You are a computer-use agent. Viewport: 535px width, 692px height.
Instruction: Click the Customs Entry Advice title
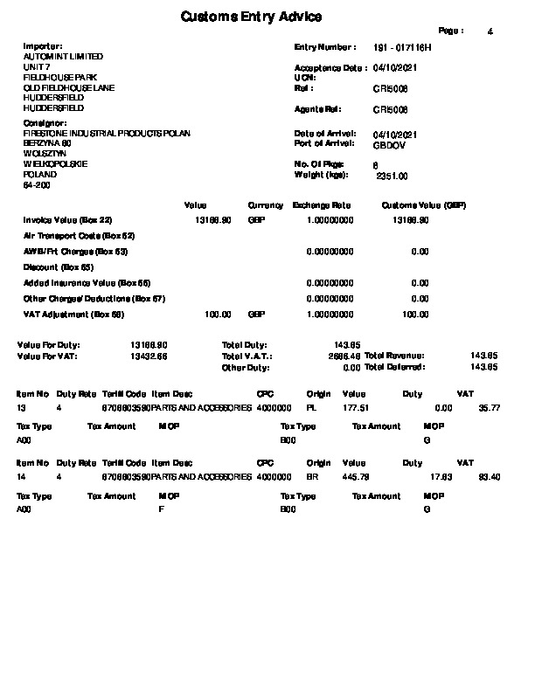[x=251, y=17]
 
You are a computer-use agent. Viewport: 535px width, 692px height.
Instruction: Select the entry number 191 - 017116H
[x=402, y=46]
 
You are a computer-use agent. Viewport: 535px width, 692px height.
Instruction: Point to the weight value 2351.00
[x=392, y=176]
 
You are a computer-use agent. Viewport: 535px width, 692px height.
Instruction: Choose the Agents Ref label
[x=318, y=109]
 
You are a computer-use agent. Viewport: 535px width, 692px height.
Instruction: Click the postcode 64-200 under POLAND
[x=37, y=185]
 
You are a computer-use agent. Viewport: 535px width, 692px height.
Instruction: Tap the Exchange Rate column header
[x=322, y=205]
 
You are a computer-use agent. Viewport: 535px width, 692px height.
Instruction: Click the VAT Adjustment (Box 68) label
[x=73, y=315]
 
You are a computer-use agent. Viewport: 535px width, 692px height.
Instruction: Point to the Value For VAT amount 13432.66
[x=149, y=356]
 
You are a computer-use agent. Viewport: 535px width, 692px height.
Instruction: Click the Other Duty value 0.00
[x=351, y=368]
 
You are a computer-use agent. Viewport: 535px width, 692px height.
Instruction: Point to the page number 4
[x=490, y=31]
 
